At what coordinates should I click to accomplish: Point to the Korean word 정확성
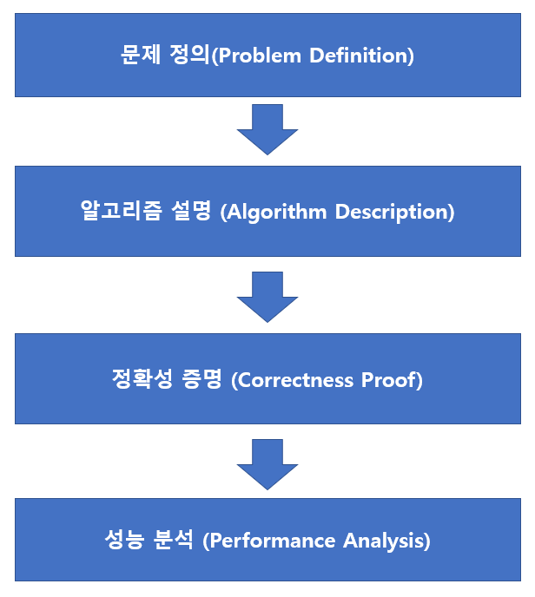click(x=141, y=380)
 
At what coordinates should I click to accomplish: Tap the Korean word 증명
click(x=202, y=380)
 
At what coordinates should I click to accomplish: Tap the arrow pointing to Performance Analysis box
click(x=267, y=463)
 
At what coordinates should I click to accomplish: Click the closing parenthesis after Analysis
click(x=426, y=541)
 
